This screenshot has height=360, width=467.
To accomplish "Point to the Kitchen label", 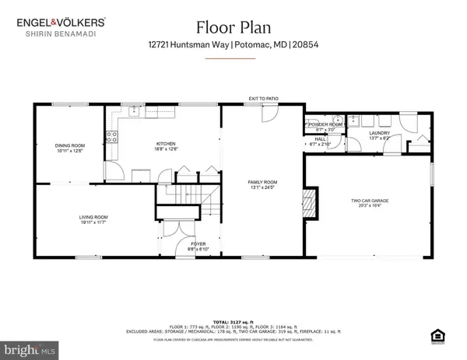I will point(164,145).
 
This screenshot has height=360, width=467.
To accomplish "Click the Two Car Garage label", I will point(366,201).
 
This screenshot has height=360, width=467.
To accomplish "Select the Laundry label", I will point(378,133).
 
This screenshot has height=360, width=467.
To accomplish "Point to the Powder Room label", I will point(325,124).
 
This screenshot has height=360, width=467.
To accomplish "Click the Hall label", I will point(320,141).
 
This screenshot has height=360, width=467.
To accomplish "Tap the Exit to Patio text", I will point(263,99).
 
